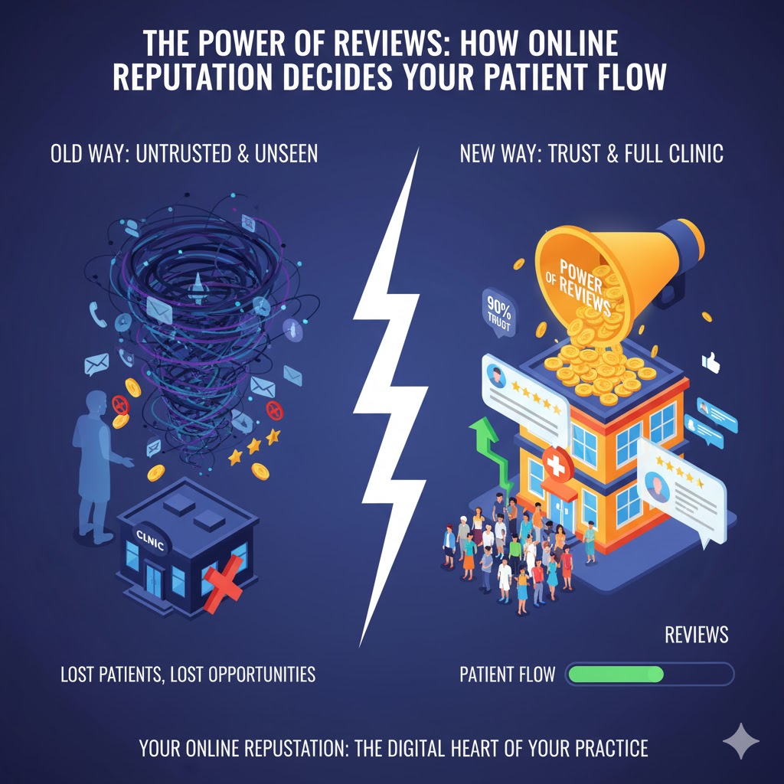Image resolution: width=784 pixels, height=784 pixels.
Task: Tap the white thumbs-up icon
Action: (x=711, y=361)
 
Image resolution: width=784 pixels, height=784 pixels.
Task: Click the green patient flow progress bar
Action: (x=615, y=675)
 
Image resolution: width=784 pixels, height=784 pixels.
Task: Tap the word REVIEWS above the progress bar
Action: (x=696, y=635)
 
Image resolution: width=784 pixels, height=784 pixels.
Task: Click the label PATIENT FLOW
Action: (x=506, y=675)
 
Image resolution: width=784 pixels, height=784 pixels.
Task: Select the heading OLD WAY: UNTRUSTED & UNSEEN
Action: (x=184, y=154)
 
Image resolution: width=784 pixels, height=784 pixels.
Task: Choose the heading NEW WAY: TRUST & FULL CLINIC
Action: (x=591, y=154)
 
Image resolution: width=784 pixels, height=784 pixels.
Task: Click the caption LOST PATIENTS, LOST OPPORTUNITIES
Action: (x=188, y=675)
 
